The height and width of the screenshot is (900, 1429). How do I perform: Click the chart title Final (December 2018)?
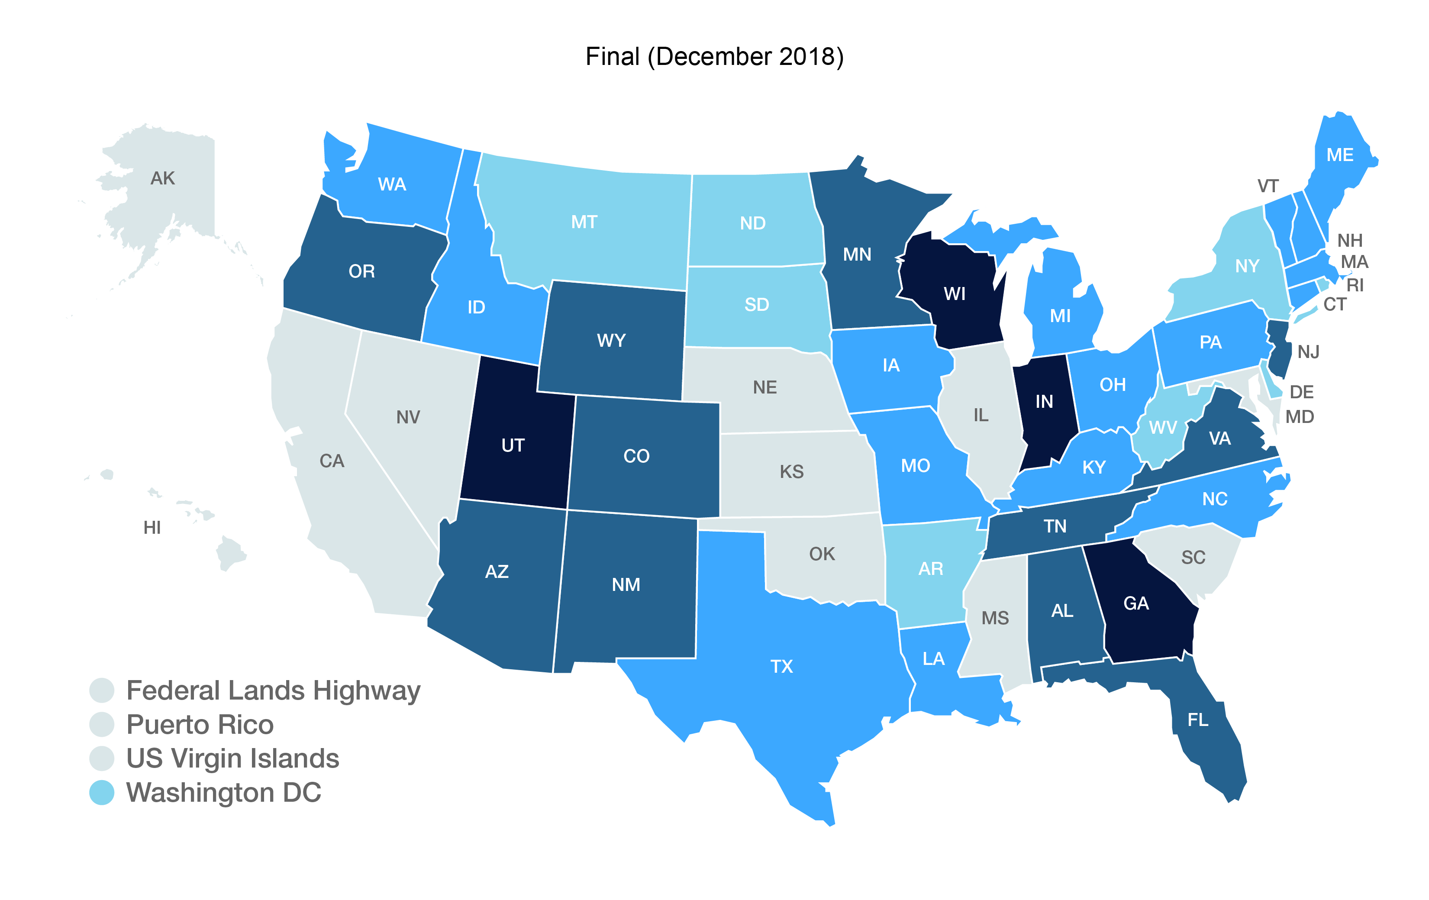click(x=714, y=57)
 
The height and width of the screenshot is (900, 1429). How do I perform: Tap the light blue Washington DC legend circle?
click(x=101, y=793)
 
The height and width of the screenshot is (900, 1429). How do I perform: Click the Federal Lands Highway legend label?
click(x=273, y=690)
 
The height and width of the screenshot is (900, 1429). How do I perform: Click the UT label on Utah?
click(x=513, y=445)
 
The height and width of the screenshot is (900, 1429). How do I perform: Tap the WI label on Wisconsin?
click(x=954, y=294)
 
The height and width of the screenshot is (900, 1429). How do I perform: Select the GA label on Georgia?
click(x=1136, y=603)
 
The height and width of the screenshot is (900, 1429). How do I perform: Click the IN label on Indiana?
click(x=1044, y=402)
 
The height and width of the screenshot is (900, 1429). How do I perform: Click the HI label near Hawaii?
click(x=152, y=527)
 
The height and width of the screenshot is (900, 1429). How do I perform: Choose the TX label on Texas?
click(x=781, y=666)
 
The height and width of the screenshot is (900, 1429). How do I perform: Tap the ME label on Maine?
click(x=1340, y=155)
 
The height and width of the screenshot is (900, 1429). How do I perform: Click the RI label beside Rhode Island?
click(x=1355, y=285)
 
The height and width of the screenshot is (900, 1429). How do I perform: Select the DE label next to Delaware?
click(x=1301, y=392)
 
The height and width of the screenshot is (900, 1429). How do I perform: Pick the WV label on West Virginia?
click(x=1162, y=427)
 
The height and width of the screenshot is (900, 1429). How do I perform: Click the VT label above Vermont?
click(x=1268, y=186)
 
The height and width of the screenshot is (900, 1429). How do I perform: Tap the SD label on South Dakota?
click(x=757, y=305)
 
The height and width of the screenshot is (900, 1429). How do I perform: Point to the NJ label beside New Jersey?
click(x=1308, y=352)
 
